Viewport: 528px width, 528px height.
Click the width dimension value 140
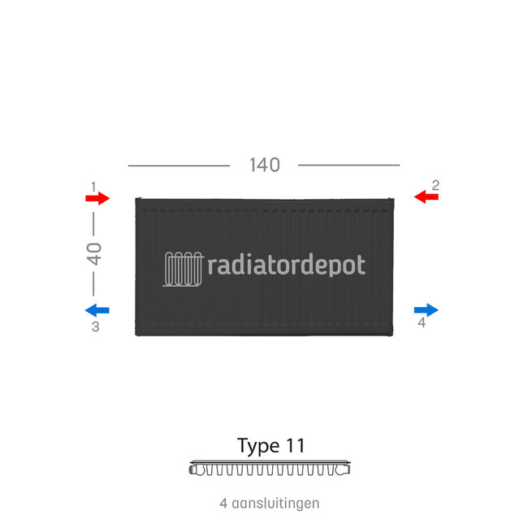264,165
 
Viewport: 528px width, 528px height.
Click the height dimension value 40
94,253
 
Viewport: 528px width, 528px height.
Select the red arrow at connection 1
97,198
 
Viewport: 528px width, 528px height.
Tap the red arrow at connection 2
426,197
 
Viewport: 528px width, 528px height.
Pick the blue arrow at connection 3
97,309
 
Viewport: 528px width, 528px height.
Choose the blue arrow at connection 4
426,309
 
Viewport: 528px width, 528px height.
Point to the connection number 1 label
94,186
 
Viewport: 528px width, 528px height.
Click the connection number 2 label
435,185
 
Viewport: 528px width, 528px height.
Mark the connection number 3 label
95,327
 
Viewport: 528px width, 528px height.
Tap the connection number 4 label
421,323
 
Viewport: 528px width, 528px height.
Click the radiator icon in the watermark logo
184,269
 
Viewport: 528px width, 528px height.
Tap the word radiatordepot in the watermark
287,266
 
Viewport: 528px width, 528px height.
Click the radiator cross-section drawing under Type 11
270,469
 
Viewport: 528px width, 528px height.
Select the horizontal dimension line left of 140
179,166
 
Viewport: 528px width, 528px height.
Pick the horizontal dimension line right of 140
348,165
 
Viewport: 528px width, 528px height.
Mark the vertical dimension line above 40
94,221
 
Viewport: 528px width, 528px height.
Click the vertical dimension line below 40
94,283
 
